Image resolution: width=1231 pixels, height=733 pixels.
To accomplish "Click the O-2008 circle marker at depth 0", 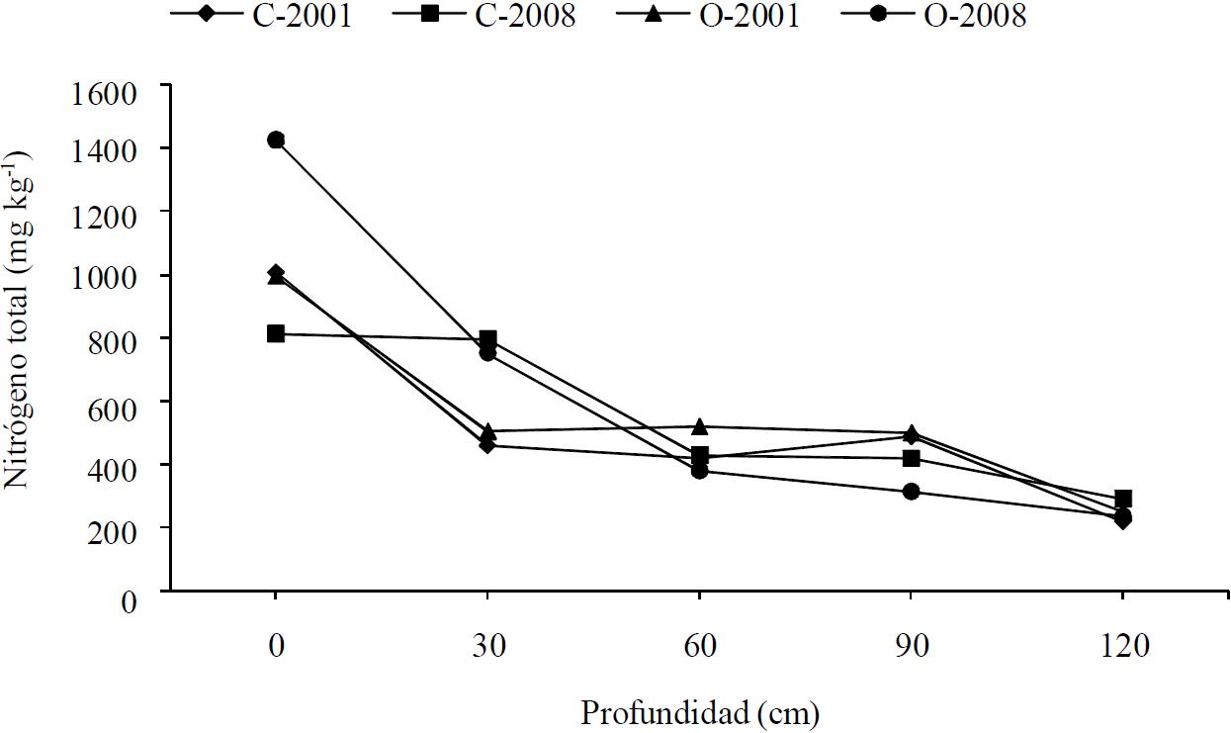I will (276, 140).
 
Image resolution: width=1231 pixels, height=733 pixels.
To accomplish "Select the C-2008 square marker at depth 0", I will (276, 334).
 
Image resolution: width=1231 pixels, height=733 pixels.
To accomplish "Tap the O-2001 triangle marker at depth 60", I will (699, 426).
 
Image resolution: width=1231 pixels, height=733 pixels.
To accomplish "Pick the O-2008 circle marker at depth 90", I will (911, 492).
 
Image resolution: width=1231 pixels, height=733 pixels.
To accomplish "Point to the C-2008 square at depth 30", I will (487, 339).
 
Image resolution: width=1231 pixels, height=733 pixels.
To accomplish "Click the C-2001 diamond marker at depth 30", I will (487, 446).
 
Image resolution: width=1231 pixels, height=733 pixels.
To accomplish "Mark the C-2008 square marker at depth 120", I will (1122, 499).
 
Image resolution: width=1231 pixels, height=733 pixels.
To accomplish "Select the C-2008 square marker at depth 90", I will (911, 458).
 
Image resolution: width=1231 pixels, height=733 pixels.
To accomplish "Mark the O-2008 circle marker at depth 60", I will (699, 471).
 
